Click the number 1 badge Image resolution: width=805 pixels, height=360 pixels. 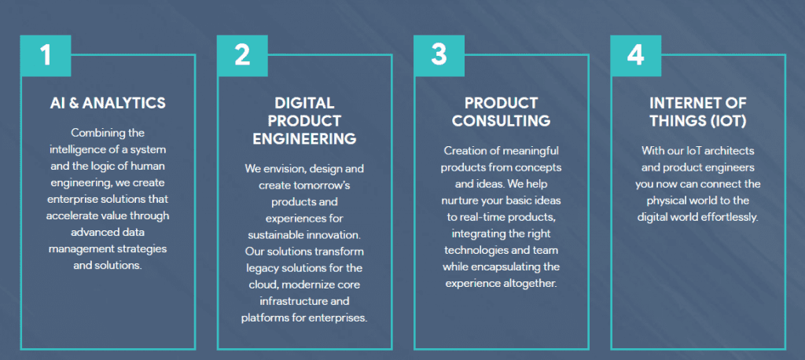click(46, 56)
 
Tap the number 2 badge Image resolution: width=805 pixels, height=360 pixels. click(242, 56)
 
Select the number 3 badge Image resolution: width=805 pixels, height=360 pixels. click(439, 56)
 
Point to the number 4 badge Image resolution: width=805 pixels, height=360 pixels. click(635, 56)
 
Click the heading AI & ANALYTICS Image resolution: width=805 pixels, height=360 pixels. click(108, 103)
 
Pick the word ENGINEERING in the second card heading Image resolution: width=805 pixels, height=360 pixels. click(304, 138)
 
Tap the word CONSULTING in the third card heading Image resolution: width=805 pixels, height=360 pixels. click(501, 121)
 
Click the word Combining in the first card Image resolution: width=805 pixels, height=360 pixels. click(93, 133)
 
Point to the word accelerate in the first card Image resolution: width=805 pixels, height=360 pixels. click(69, 215)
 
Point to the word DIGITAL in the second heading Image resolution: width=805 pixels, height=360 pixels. click(304, 103)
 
